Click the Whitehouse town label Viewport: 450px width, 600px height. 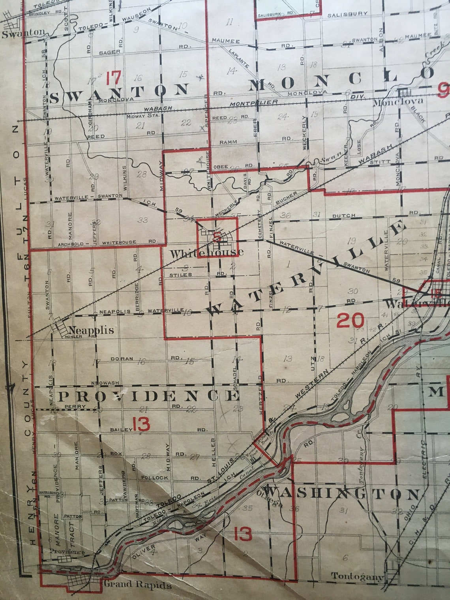click(206, 253)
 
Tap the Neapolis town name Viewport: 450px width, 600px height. click(91, 330)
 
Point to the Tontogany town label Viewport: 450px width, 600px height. click(357, 577)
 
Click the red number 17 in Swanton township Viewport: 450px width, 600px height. click(113, 78)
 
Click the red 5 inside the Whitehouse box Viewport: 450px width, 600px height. click(216, 237)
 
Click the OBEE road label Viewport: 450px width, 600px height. click(221, 167)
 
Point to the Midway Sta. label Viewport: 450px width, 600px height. click(142, 116)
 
